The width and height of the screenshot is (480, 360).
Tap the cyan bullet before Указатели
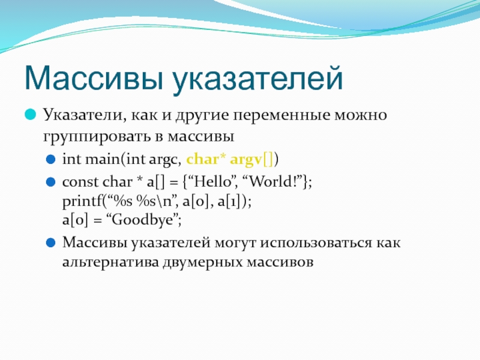point(31,115)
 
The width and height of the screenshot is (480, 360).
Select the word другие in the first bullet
point(202,116)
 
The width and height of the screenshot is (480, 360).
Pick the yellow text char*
point(206,159)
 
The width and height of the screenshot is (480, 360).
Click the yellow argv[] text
point(251,160)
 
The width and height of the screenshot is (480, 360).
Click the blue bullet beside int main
point(50,160)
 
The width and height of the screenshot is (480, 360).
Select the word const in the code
point(80,182)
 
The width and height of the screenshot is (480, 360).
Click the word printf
point(82,202)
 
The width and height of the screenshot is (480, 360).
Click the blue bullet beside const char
point(50,182)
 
